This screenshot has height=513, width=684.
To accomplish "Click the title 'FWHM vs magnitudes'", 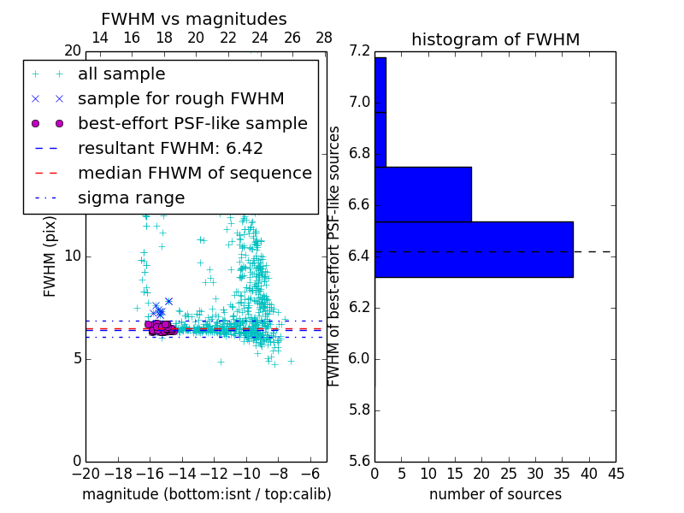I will coord(194,20).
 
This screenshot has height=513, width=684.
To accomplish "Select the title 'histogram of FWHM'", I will coord(495,39).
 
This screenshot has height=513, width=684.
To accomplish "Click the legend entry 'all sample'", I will coord(121,74).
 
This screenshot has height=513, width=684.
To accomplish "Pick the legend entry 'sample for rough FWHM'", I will coord(180,99).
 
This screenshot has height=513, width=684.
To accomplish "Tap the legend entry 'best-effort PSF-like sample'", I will coord(192,124).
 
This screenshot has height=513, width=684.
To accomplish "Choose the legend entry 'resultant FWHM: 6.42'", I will coord(170,149).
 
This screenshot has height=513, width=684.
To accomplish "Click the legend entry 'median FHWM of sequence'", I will coord(194,174).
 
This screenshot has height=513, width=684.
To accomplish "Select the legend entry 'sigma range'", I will coord(131,198).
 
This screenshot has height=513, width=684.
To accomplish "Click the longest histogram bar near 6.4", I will coord(474,249).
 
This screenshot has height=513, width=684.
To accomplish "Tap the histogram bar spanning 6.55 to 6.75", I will coord(423,194).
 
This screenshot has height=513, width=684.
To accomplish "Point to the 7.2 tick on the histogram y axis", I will coord(360,51).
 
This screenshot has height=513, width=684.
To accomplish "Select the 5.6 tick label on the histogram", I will coord(360,461).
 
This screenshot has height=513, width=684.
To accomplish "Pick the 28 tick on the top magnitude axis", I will coord(325,38).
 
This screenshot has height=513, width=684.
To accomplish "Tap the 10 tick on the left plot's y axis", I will coord(74,256).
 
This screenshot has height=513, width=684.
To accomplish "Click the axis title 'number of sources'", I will coord(495,494).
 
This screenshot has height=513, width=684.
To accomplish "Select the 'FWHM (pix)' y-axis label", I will coord(50,256).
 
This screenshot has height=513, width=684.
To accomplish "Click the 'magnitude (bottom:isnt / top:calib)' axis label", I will coord(206,494).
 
